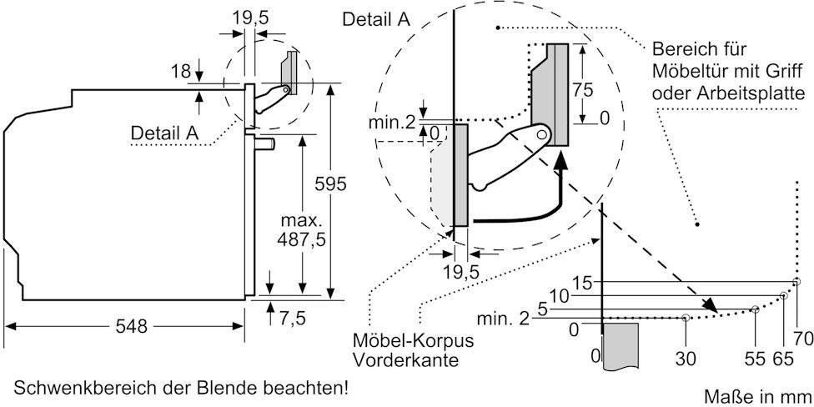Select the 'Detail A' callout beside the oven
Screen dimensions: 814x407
[163, 132]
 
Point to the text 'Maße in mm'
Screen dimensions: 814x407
[756, 394]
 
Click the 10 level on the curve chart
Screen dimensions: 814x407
[559, 295]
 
